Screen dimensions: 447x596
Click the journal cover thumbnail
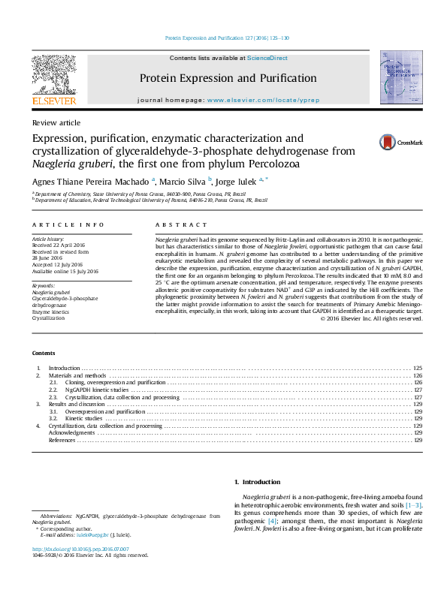coord(397,77)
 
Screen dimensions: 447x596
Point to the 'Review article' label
coord(56,122)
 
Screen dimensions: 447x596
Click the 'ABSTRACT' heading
coord(181,224)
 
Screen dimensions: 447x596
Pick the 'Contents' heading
coord(44,353)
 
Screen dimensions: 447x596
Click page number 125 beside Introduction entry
coord(418,369)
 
